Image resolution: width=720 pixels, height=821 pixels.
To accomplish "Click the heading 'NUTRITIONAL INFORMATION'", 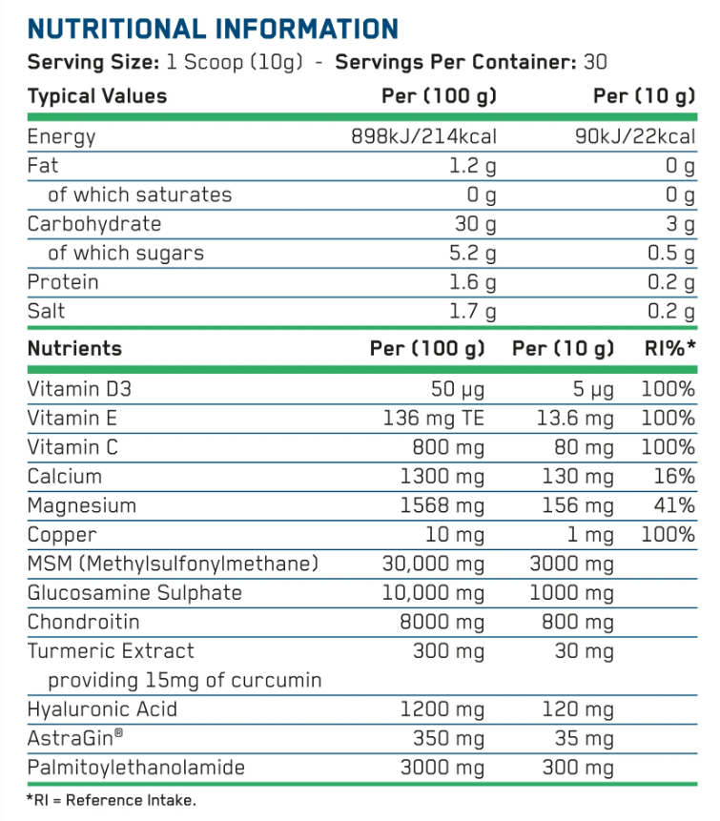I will click(213, 28).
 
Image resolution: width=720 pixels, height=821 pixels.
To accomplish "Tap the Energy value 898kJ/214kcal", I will click(424, 136).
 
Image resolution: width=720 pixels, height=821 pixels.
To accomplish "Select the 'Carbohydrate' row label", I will click(94, 224).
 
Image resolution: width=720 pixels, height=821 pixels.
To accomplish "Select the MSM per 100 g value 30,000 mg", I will click(433, 564).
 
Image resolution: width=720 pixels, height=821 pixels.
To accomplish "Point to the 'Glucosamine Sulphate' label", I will click(134, 593).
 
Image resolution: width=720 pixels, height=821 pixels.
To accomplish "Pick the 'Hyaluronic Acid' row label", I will click(103, 709).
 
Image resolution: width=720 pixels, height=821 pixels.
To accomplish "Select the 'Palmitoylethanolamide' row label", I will click(136, 768).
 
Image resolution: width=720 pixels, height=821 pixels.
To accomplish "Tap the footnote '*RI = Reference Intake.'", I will click(112, 801).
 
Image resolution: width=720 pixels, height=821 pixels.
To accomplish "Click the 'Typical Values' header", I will click(97, 96).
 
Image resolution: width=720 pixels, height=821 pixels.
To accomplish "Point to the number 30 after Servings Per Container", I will click(595, 63).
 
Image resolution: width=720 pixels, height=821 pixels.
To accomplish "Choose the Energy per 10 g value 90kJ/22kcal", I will click(634, 136).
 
